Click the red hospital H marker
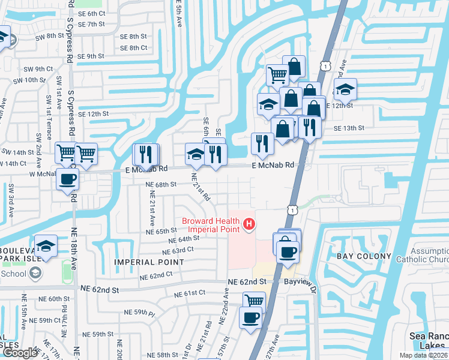click(249, 226)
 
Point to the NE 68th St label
click(161, 185)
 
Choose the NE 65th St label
click(162, 231)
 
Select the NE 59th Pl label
click(139, 313)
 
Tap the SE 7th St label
click(87, 25)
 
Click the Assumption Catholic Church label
click(429, 256)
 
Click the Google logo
click(20, 353)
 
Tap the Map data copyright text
click(423, 355)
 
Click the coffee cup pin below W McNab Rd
click(67, 179)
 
